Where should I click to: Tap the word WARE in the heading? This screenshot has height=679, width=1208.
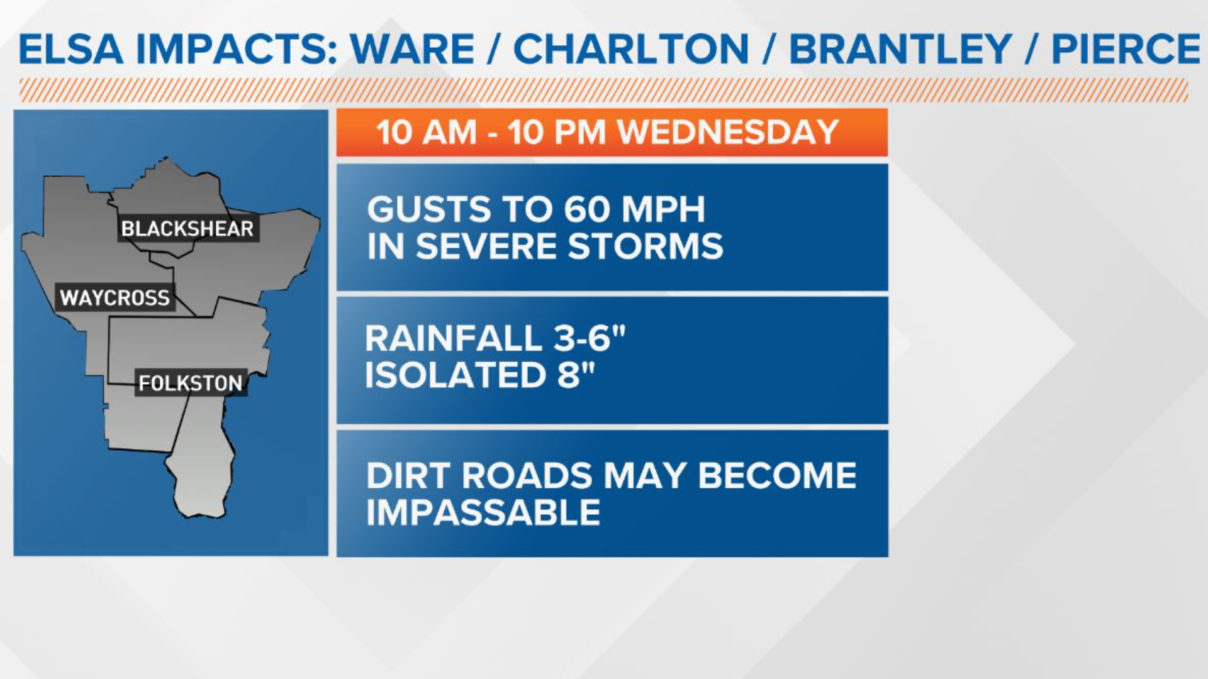click(413, 49)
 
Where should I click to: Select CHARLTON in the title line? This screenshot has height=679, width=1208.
click(631, 49)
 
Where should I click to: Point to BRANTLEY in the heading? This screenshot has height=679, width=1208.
click(900, 49)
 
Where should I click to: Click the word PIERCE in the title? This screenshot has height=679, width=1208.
click(1126, 49)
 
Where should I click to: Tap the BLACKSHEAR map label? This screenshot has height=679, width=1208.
click(187, 229)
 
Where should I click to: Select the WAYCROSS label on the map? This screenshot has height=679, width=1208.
click(115, 297)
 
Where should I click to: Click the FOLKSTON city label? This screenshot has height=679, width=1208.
click(190, 383)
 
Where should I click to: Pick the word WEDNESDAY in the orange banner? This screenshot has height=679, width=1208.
click(728, 132)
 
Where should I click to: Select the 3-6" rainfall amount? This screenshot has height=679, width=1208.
click(590, 338)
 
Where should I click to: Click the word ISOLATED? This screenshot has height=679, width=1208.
click(456, 375)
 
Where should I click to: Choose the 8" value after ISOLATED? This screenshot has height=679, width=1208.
click(576, 375)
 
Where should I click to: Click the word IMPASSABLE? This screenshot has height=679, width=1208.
click(483, 512)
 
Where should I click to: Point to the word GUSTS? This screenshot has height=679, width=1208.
click(428, 209)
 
